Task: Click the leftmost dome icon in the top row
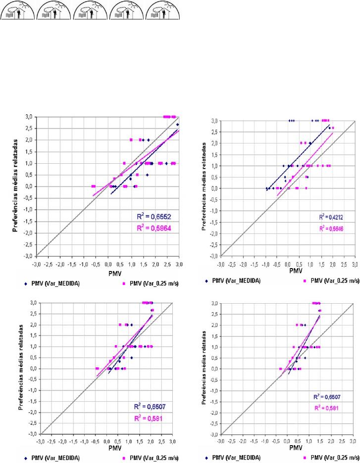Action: tap(17, 10)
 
